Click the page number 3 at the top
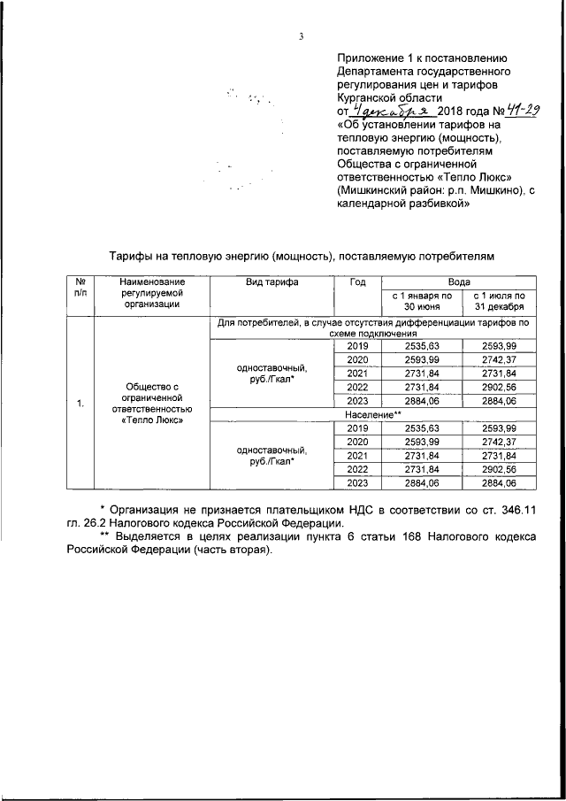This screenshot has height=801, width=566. pos(301,36)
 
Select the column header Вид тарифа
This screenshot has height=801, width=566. pos(272,282)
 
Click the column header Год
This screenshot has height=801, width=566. pos(357,282)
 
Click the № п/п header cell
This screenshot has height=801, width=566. pos(80,288)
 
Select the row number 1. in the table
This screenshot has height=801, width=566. pos(80,404)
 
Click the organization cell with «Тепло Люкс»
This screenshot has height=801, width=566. pos(151,404)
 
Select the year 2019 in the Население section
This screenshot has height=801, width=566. pos(357,427)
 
